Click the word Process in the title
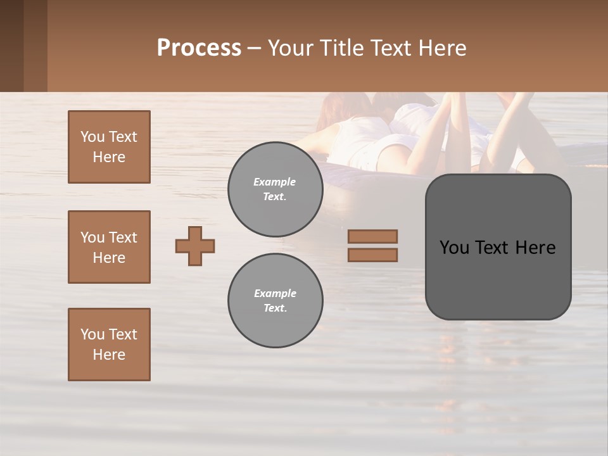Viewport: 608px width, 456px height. click(x=199, y=48)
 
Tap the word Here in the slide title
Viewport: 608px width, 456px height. click(x=441, y=48)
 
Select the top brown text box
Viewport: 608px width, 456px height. click(x=109, y=147)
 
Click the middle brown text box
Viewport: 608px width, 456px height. click(x=109, y=247)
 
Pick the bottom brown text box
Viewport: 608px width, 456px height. click(x=109, y=345)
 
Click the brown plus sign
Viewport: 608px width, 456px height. click(x=195, y=246)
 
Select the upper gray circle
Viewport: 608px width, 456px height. click(x=275, y=189)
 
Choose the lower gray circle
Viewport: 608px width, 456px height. click(x=275, y=300)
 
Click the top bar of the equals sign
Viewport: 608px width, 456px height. click(x=372, y=236)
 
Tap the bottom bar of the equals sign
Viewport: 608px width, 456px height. click(x=372, y=255)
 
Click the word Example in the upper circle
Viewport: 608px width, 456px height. click(x=275, y=182)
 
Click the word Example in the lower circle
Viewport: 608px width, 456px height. click(x=275, y=293)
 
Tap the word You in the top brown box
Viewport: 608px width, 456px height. click(x=92, y=137)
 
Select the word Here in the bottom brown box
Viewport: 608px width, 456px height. click(x=109, y=355)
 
